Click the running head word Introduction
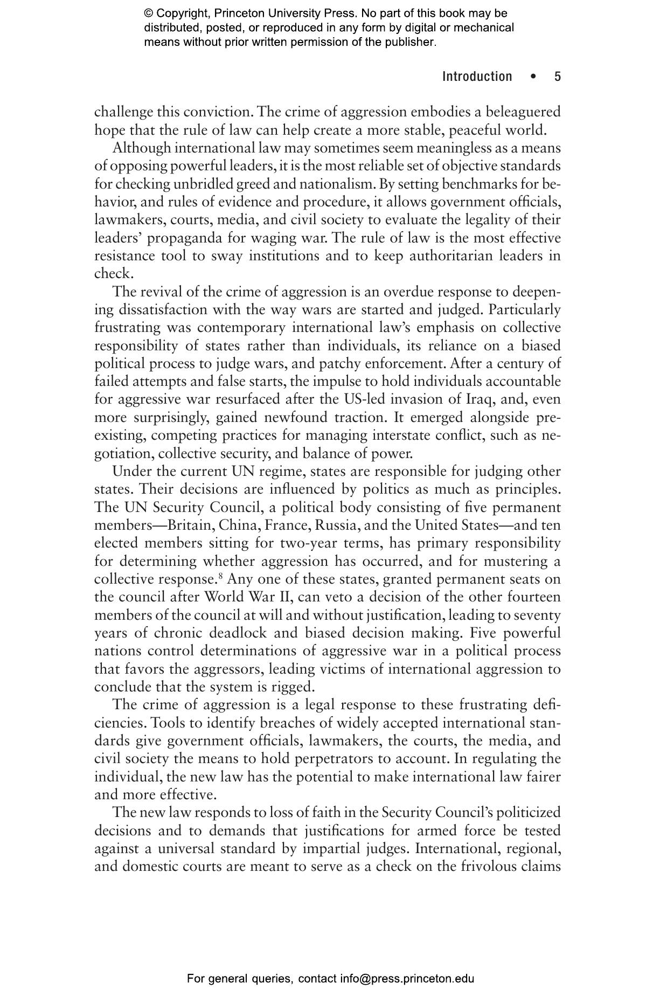click(477, 77)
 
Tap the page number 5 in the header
click(558, 77)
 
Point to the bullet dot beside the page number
click(533, 77)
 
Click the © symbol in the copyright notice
click(148, 13)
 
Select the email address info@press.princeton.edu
click(407, 978)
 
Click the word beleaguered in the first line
click(523, 112)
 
